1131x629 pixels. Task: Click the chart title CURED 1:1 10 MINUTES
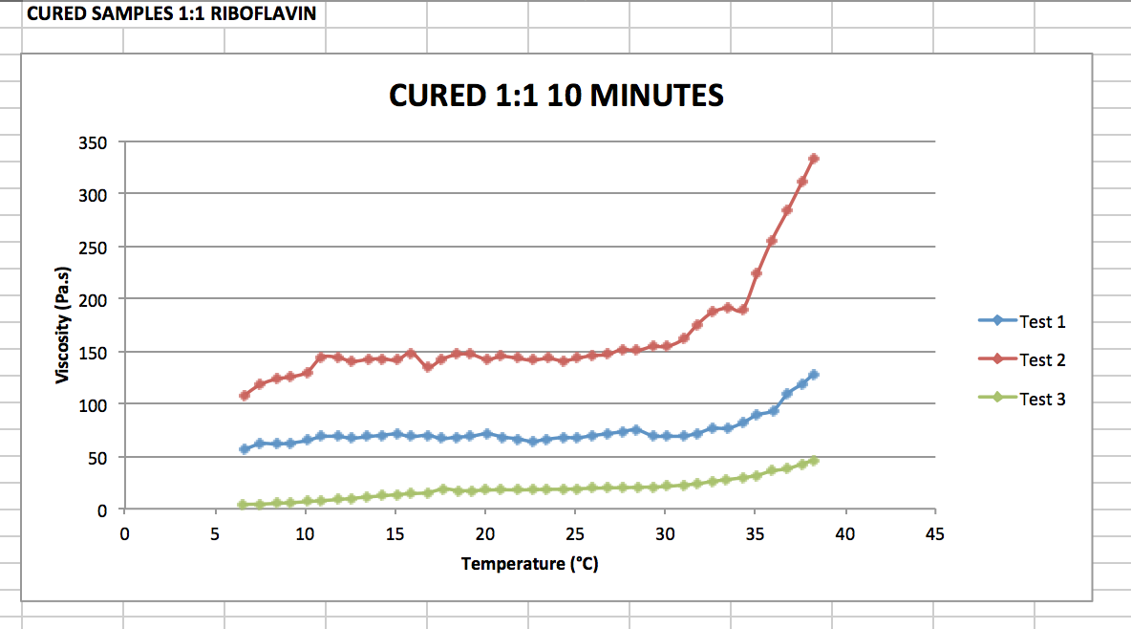pyautogui.click(x=556, y=96)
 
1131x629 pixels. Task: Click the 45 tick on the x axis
pyautogui.click(x=934, y=533)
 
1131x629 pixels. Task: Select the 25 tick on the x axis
pyautogui.click(x=574, y=533)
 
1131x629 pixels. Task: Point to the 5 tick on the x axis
pyautogui.click(x=214, y=533)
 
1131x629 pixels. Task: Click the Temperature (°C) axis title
pyautogui.click(x=529, y=564)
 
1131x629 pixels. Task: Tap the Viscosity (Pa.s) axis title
pyautogui.click(x=63, y=325)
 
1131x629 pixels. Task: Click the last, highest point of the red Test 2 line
pyautogui.click(x=814, y=159)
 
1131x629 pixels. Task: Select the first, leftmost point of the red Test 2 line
pyautogui.click(x=244, y=395)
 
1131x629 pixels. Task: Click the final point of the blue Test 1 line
pyautogui.click(x=814, y=375)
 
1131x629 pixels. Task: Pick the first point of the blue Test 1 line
pyautogui.click(x=244, y=448)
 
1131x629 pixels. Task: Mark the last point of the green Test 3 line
pyautogui.click(x=814, y=461)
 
